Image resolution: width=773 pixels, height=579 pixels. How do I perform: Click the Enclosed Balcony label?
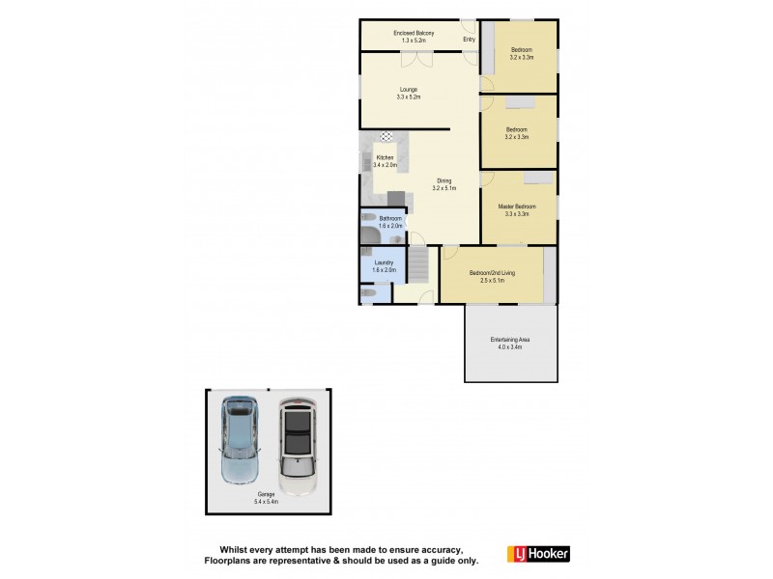point(414,34)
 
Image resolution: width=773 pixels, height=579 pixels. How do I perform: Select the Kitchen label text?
point(385,158)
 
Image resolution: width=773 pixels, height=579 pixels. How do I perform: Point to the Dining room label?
point(444,180)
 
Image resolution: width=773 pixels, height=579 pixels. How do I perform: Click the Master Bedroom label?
point(517,207)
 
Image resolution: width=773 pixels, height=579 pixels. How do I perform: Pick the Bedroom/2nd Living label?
point(492,273)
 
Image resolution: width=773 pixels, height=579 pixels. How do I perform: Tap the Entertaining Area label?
point(510,340)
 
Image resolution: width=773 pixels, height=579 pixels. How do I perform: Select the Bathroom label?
point(390,219)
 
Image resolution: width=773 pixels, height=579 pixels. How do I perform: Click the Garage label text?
point(266,494)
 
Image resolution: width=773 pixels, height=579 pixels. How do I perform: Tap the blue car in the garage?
point(241,439)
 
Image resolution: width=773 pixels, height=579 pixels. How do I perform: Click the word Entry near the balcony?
point(469,40)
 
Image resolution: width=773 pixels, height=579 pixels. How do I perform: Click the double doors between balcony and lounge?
point(418,58)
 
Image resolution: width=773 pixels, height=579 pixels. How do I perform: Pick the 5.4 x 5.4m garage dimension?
point(266,502)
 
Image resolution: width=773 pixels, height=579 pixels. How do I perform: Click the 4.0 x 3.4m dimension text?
point(510,346)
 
